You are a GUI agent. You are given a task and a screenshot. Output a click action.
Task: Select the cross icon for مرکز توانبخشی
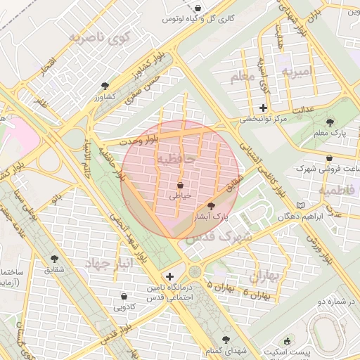263,108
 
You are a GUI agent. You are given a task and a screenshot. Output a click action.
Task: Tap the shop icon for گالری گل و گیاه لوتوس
199,8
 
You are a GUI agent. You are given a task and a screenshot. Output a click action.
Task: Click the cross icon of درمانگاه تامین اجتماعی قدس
169,276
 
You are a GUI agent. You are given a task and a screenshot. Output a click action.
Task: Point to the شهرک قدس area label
219,237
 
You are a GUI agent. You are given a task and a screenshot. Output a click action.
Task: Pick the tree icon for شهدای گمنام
212,338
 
